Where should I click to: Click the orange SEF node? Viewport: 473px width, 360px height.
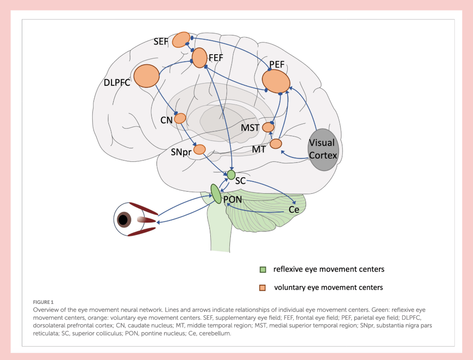coord(181,39)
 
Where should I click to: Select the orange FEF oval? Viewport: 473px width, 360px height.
coord(199,58)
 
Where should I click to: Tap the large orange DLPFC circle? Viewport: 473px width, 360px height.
coord(146,76)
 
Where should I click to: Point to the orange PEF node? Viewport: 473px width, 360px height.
coord(276,81)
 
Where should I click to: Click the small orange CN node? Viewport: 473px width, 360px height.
coord(180,118)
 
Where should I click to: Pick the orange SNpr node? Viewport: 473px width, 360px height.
coord(199,149)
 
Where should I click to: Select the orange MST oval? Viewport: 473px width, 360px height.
coord(268,127)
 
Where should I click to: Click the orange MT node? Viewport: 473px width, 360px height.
coord(276,143)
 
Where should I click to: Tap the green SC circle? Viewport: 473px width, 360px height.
coord(231,175)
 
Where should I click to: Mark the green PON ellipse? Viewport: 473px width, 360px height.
coord(216,194)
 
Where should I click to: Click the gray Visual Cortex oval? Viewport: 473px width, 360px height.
coord(323,150)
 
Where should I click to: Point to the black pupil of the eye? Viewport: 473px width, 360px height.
coord(123,220)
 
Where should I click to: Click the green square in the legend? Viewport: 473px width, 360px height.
coord(263,269)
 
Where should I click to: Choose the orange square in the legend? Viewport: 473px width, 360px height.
coord(262,288)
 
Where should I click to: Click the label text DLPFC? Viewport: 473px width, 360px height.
coord(117,82)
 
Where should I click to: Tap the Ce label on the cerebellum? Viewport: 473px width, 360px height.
coord(294,210)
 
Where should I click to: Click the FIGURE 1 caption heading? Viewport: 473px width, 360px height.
coord(43,302)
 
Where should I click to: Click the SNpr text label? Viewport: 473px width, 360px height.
coord(181,152)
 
